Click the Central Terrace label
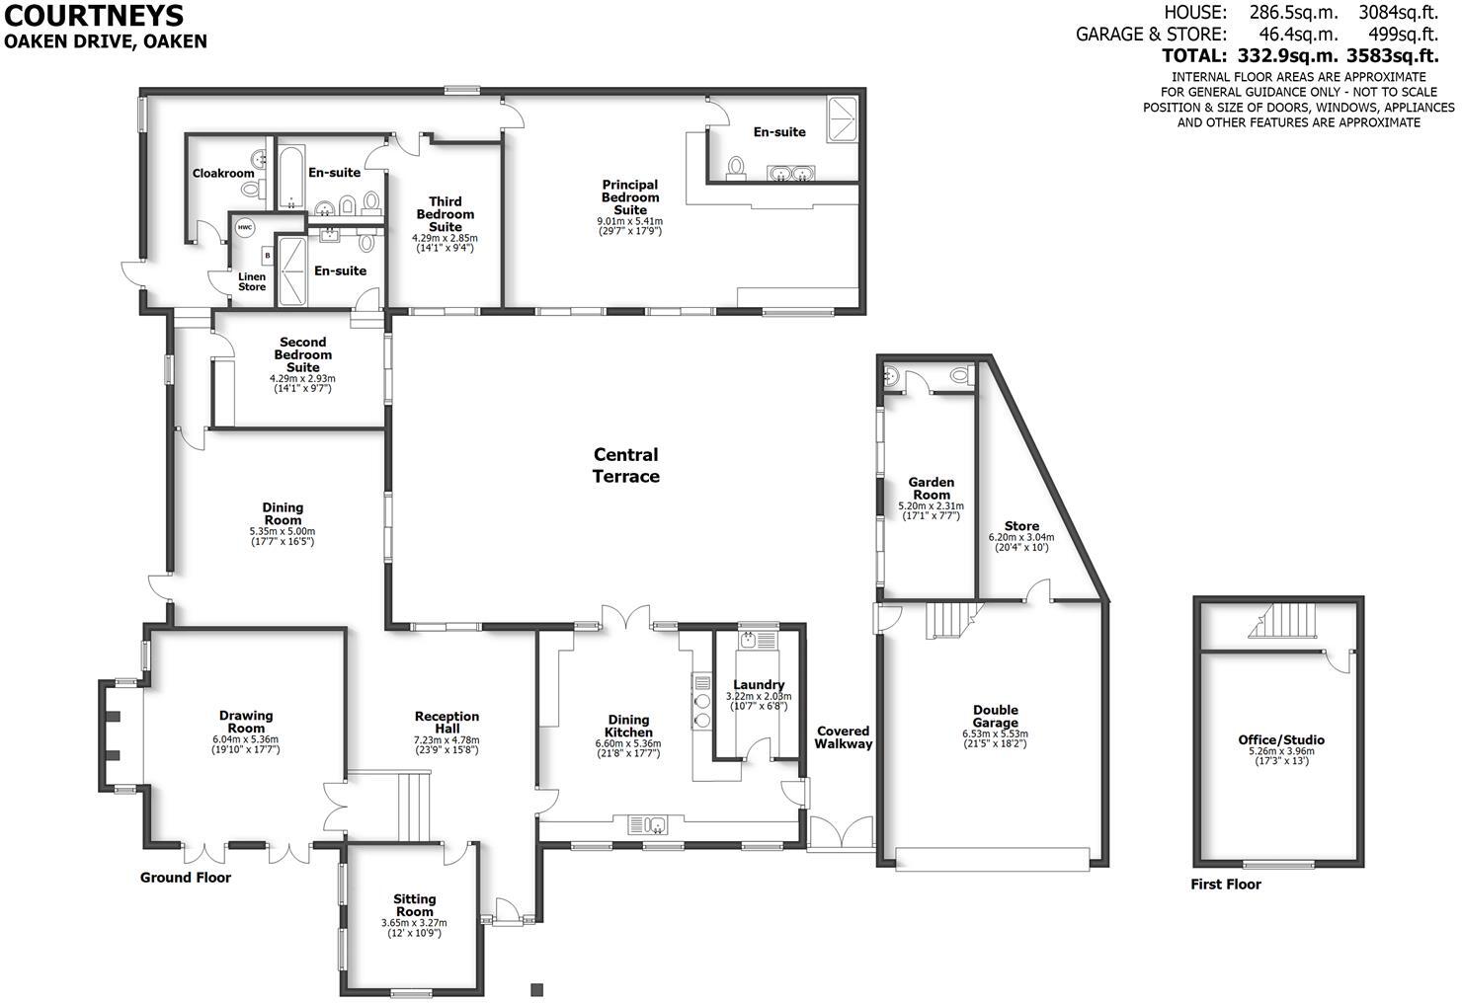pos(625,466)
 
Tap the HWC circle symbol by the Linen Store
pos(245,228)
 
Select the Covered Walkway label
pos(844,737)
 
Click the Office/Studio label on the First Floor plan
pos(1281,739)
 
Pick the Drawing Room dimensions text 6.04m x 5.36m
pos(246,738)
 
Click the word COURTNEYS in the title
pos(93,16)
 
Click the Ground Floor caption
pos(186,878)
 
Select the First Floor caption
pos(1226,885)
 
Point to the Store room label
pos(1021,526)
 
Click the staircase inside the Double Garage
pos(946,621)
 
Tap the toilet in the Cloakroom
pos(251,189)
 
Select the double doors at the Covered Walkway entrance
pos(841,832)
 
